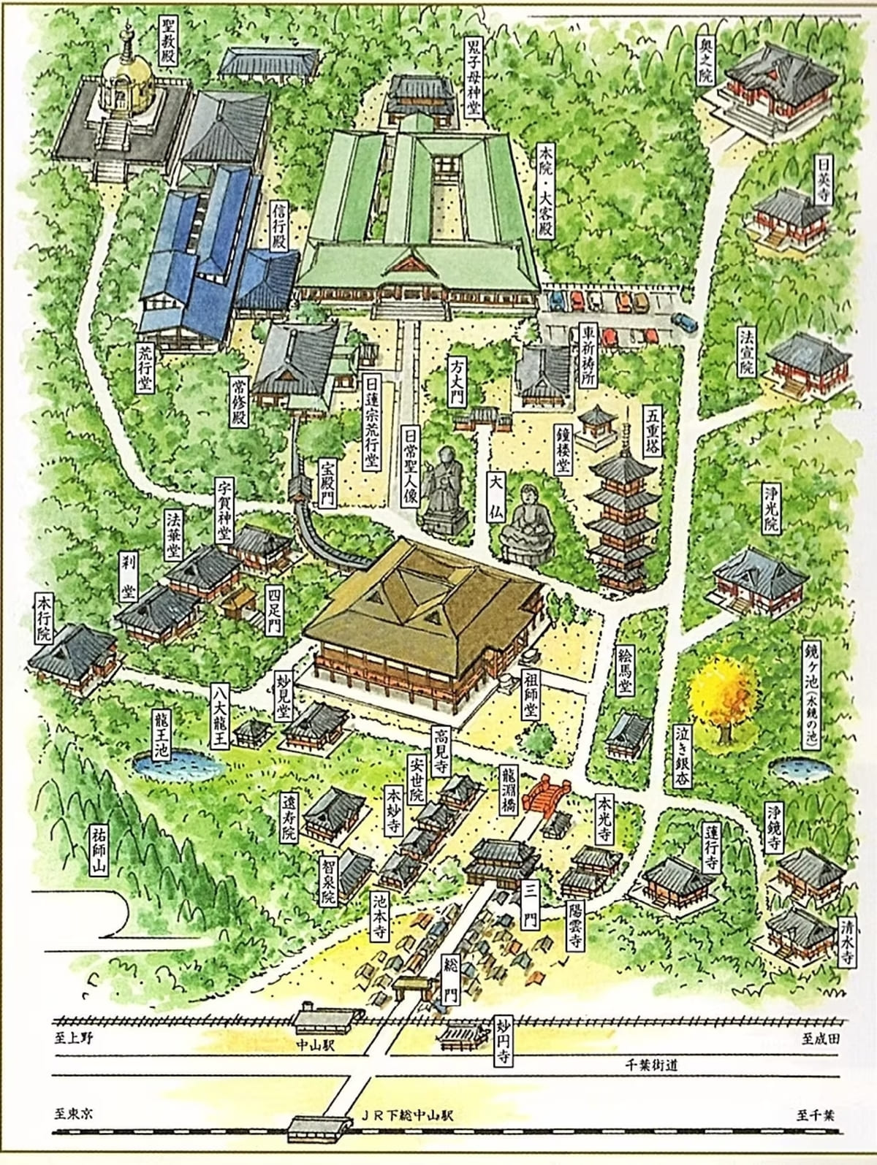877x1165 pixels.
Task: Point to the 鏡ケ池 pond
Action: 800,768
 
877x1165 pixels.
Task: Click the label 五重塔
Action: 652,431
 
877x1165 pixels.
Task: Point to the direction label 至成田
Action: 820,1038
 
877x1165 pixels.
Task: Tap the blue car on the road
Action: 685,321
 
